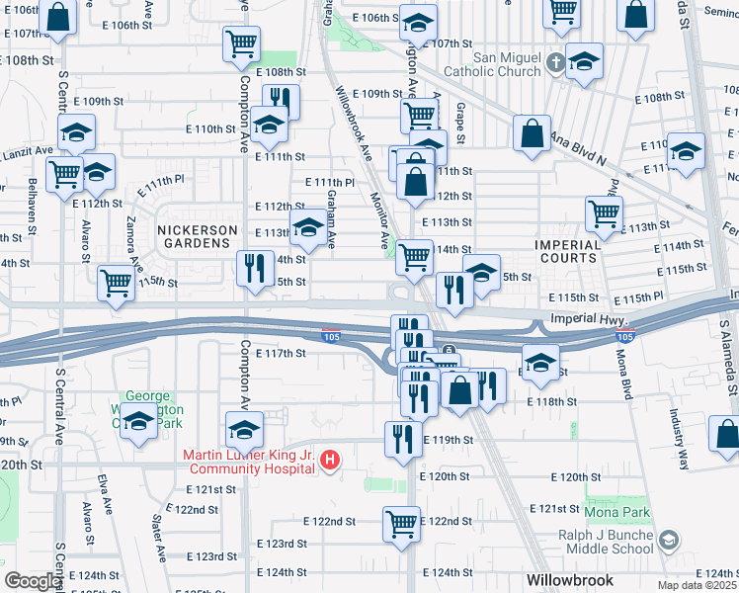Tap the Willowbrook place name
(x=569, y=580)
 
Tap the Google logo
(x=32, y=581)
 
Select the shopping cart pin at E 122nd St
(x=400, y=523)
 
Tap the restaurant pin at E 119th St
(x=401, y=438)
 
